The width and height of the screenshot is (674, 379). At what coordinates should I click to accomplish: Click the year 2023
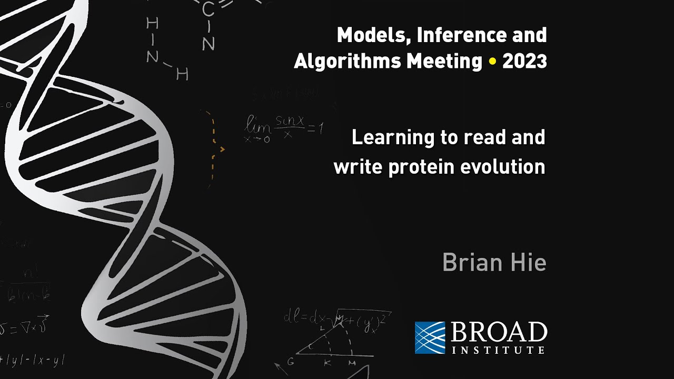coord(524,62)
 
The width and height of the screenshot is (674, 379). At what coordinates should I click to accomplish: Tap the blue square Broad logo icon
coord(430,337)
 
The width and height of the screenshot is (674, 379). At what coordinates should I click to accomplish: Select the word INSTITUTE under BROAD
coord(498,350)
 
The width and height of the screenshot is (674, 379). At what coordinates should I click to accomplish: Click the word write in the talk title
coord(354,167)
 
